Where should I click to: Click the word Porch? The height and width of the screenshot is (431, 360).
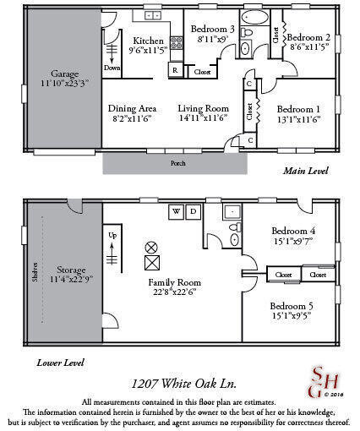[x=177, y=162]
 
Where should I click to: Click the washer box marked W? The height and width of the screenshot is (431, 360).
[x=177, y=210]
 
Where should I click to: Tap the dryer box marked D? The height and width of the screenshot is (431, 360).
[x=193, y=210]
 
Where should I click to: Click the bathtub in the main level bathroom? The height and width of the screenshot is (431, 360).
[x=253, y=17]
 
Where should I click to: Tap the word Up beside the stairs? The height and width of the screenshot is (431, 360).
[x=112, y=234]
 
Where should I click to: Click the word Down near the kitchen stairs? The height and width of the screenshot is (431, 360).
[x=112, y=68]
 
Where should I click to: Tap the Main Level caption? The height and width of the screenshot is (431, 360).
[x=303, y=171]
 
